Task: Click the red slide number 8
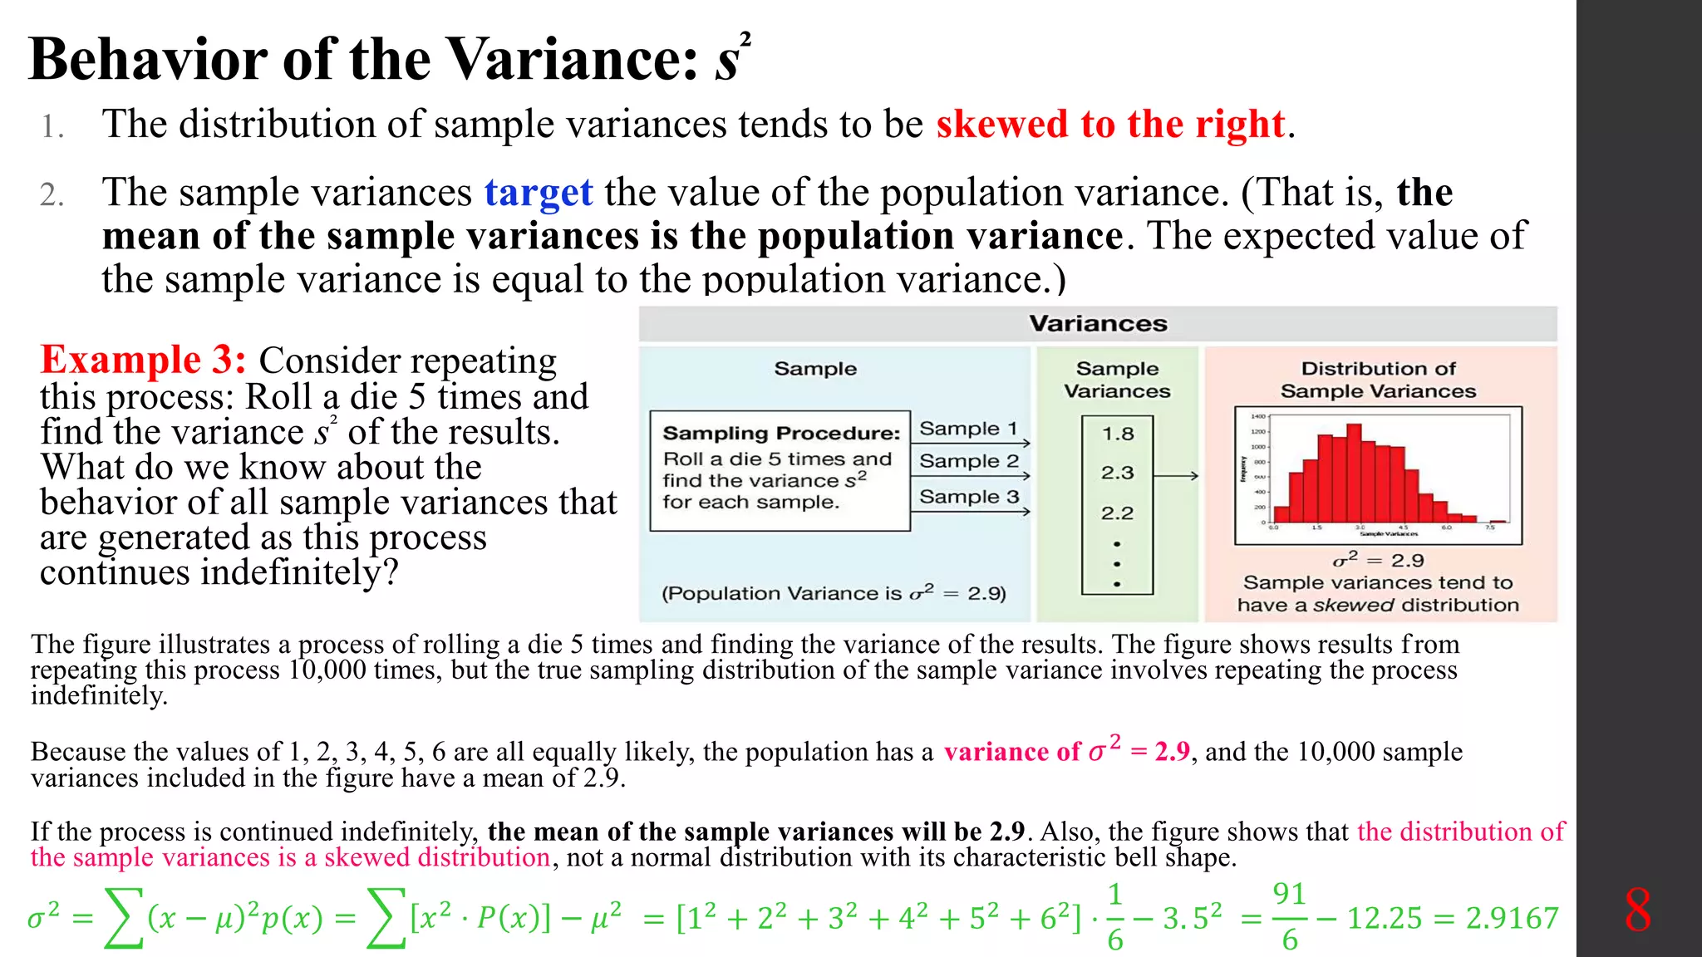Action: [1637, 910]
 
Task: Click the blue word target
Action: [539, 194]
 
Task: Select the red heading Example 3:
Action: [143, 361]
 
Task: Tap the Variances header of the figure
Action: [1098, 323]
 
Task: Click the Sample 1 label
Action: [968, 429]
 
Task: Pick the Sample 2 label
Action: [969, 461]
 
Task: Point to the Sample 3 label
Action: [969, 497]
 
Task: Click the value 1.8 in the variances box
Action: [1118, 434]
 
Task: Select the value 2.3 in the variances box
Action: [1118, 473]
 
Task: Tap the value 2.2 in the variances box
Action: [1117, 513]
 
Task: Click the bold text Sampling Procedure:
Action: [781, 433]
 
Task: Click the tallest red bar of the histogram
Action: [1354, 470]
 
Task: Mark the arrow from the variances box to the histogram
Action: [1176, 476]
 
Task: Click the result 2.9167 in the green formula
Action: [1512, 918]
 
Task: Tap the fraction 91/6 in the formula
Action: [1289, 917]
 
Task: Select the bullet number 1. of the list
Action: [52, 126]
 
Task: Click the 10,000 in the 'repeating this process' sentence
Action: [327, 670]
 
